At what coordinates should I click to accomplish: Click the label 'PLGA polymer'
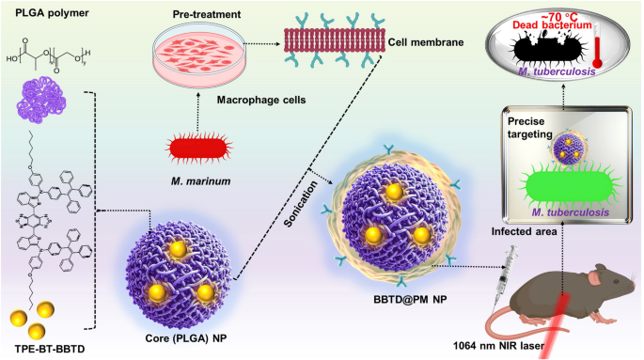[x=43, y=12]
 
